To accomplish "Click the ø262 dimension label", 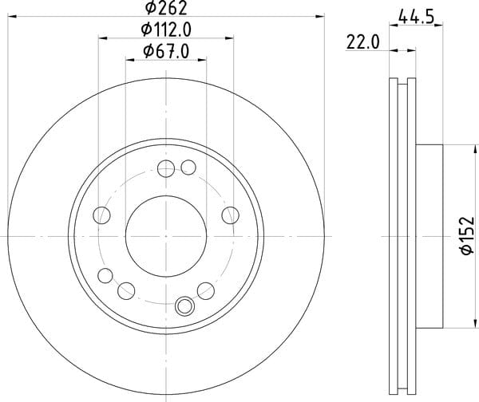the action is point(166,7).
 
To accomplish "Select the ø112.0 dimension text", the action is point(166,30).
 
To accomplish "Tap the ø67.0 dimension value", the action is point(166,52).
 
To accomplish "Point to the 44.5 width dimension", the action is point(416,17).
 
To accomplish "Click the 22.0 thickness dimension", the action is point(363,42).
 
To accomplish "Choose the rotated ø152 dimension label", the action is point(467,235).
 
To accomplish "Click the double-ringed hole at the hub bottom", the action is point(184,306).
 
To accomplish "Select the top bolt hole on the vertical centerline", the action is point(166,168).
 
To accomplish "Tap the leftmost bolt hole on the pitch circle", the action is point(101,215).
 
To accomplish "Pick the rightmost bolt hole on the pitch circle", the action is point(231,215).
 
